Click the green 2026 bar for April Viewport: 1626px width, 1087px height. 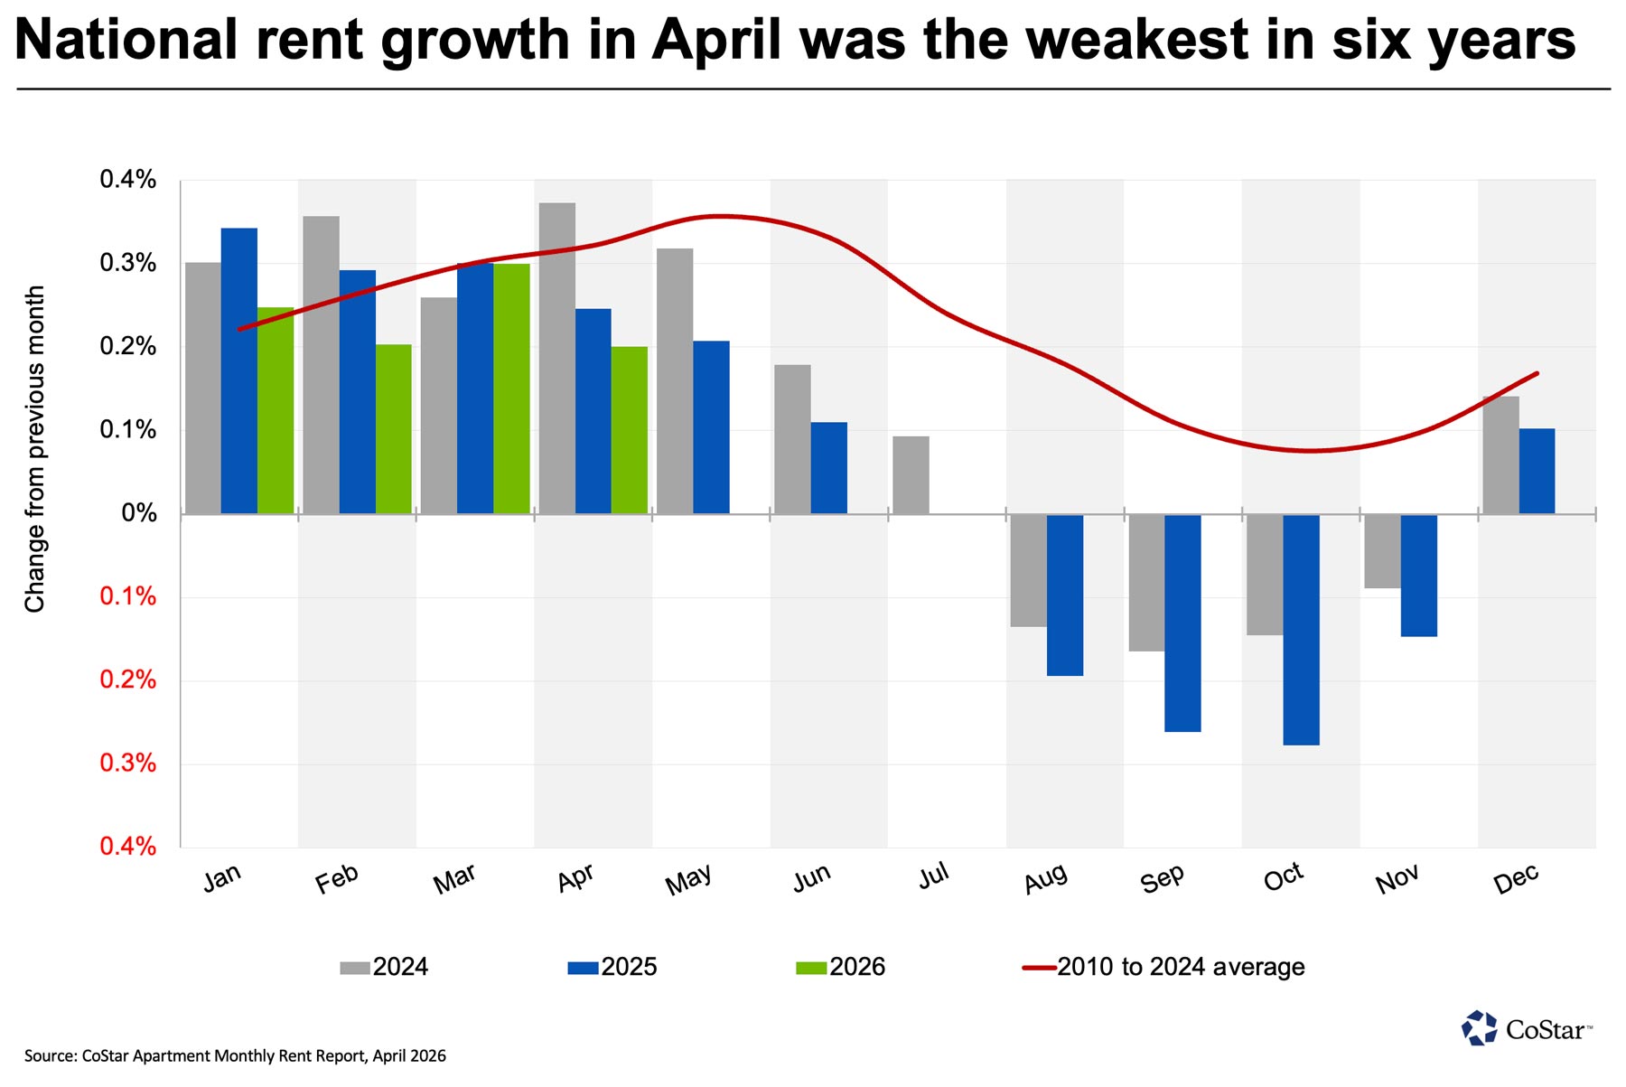coord(629,430)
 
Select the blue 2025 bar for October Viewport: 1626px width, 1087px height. coord(1301,630)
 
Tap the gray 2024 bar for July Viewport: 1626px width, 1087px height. coord(911,475)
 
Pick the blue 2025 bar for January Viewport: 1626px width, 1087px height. coord(239,370)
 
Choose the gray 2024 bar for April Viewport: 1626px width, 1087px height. coord(556,358)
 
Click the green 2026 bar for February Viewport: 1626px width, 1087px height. coord(393,429)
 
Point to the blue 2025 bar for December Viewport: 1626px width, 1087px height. coord(1537,471)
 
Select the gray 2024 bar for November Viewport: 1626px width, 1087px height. coord(1382,551)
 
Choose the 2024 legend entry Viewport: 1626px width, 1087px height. coord(384,967)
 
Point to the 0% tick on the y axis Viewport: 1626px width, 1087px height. coord(138,513)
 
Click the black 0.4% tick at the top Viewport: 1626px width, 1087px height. coord(127,180)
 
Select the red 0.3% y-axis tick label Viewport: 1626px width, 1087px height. coord(127,764)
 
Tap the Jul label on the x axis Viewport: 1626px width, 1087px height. coord(933,875)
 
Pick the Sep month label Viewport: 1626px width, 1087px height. coord(1162,878)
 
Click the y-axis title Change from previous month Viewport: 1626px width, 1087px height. coord(34,449)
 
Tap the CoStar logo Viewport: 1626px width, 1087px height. coord(1527,1028)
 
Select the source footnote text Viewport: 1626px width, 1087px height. coord(235,1055)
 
